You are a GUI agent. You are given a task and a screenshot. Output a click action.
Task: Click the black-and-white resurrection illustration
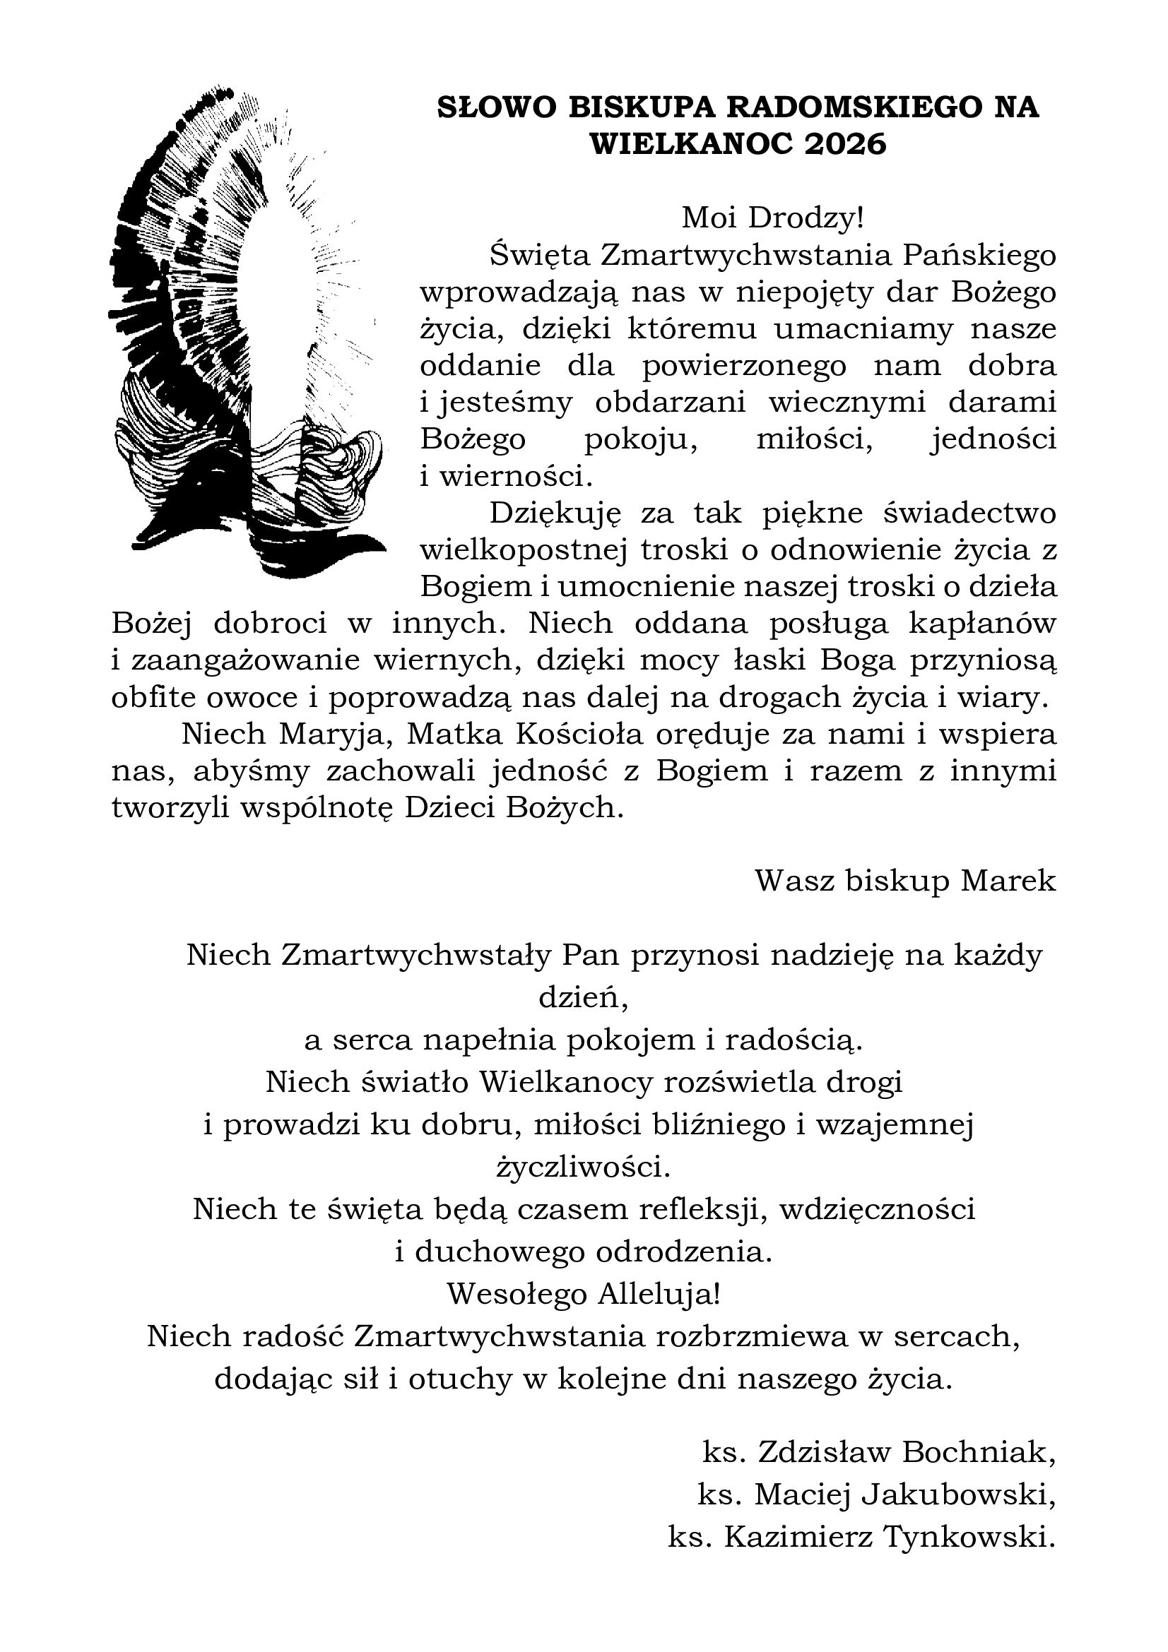[244, 331]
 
